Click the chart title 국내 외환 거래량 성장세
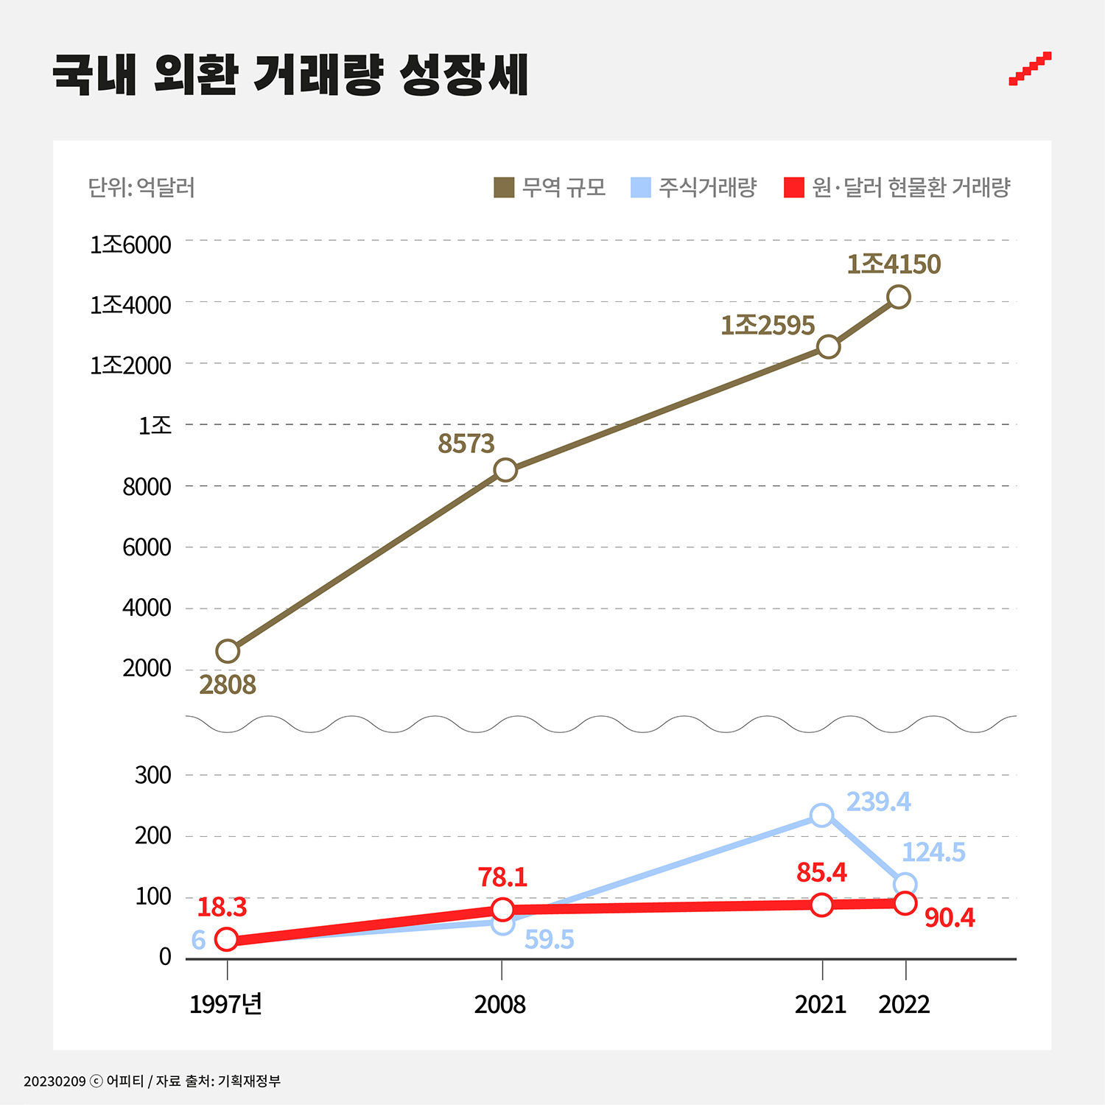tap(290, 74)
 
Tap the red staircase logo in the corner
tap(1030, 69)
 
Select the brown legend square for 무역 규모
tap(504, 188)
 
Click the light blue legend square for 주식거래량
tap(641, 188)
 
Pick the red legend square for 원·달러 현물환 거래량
tap(794, 188)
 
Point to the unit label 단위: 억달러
tap(141, 188)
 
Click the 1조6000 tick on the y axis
tap(130, 245)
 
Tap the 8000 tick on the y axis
tap(147, 487)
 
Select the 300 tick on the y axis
tap(152, 775)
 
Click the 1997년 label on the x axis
tap(225, 1004)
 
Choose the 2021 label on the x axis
tap(821, 1004)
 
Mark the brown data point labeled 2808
tap(228, 651)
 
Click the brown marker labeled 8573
tap(505, 470)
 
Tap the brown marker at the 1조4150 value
tap(898, 298)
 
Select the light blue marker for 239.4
tap(821, 815)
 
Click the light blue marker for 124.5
tap(905, 884)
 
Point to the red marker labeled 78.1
tap(502, 910)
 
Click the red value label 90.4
tap(950, 918)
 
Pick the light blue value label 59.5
tap(549, 940)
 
